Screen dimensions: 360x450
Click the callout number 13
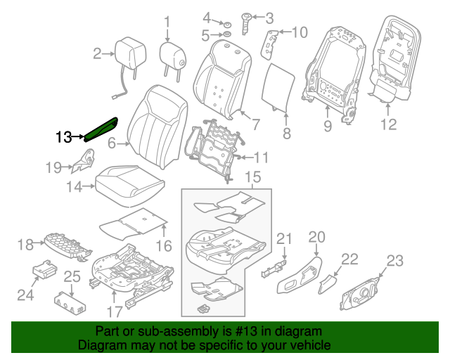(64, 136)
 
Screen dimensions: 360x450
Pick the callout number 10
(300, 32)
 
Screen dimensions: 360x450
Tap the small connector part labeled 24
(45, 270)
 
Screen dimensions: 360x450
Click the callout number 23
(395, 262)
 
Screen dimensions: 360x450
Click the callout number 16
(163, 245)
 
